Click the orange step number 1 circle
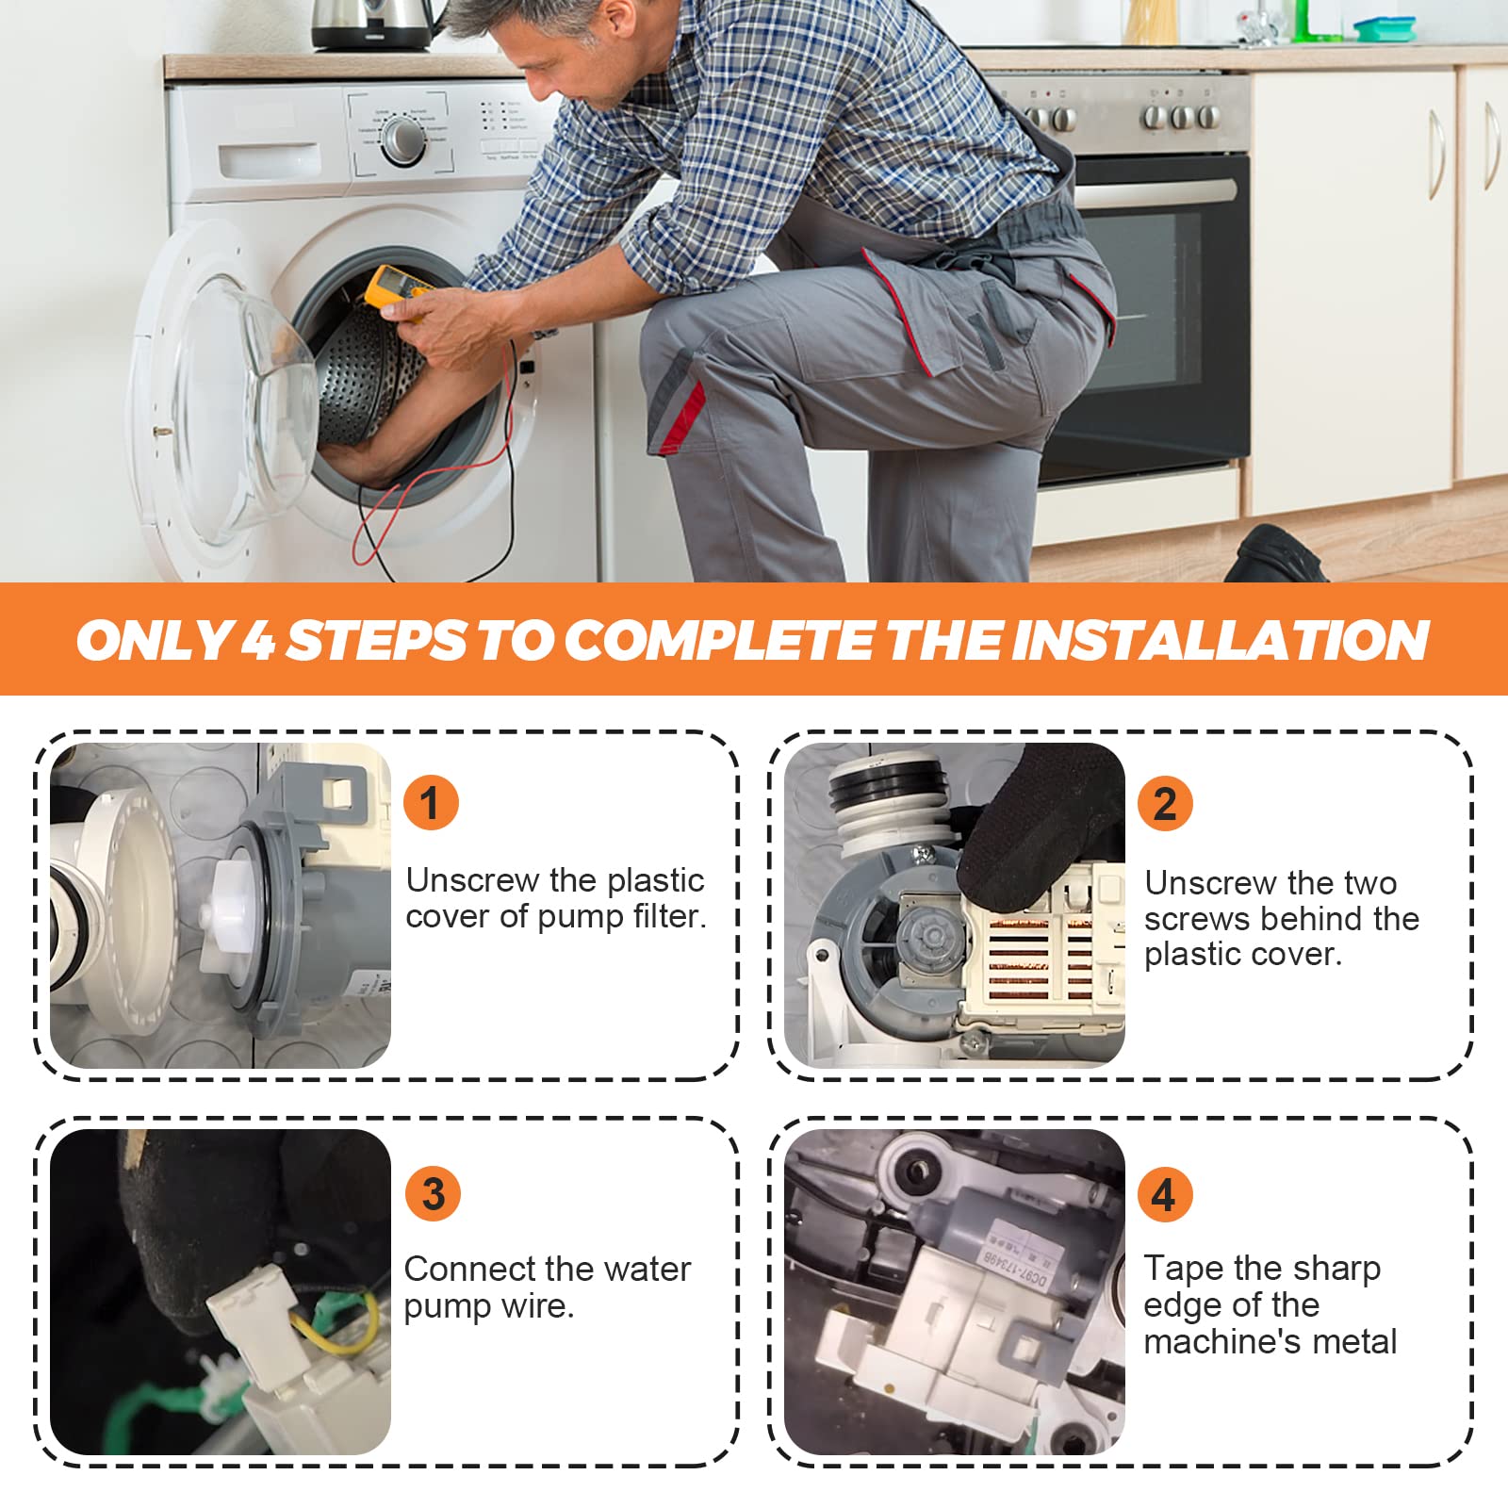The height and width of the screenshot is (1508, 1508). [431, 803]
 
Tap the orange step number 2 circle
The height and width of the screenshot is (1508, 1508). [1165, 803]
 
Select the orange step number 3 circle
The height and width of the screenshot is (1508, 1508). [433, 1193]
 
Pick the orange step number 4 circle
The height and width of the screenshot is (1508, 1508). [1165, 1194]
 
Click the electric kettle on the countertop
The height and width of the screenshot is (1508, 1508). [372, 25]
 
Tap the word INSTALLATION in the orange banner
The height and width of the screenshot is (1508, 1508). [1220, 641]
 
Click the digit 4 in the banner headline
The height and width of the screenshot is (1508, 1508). [257, 641]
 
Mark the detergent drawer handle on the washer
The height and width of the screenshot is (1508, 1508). [270, 159]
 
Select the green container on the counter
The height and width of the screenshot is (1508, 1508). [1385, 28]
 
